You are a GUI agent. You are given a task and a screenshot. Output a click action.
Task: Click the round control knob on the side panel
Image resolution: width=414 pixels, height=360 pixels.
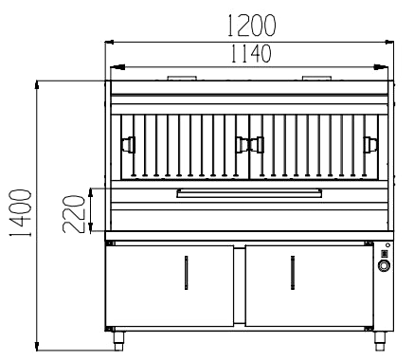click(385, 266)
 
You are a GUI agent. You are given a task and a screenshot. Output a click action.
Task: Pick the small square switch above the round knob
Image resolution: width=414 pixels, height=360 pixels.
click(385, 252)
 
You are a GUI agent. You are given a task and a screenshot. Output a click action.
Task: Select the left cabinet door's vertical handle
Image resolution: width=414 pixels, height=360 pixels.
click(185, 274)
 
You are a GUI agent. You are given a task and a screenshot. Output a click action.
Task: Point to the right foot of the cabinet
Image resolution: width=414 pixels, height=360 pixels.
click(383, 335)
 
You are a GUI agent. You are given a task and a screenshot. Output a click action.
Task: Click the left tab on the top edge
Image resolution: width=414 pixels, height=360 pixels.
click(182, 78)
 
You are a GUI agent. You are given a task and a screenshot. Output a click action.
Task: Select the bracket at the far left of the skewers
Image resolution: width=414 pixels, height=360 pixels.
click(126, 144)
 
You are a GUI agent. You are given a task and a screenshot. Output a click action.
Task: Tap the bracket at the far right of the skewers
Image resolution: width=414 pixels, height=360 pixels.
click(370, 144)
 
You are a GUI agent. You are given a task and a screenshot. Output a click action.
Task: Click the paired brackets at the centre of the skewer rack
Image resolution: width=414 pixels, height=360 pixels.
click(248, 144)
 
